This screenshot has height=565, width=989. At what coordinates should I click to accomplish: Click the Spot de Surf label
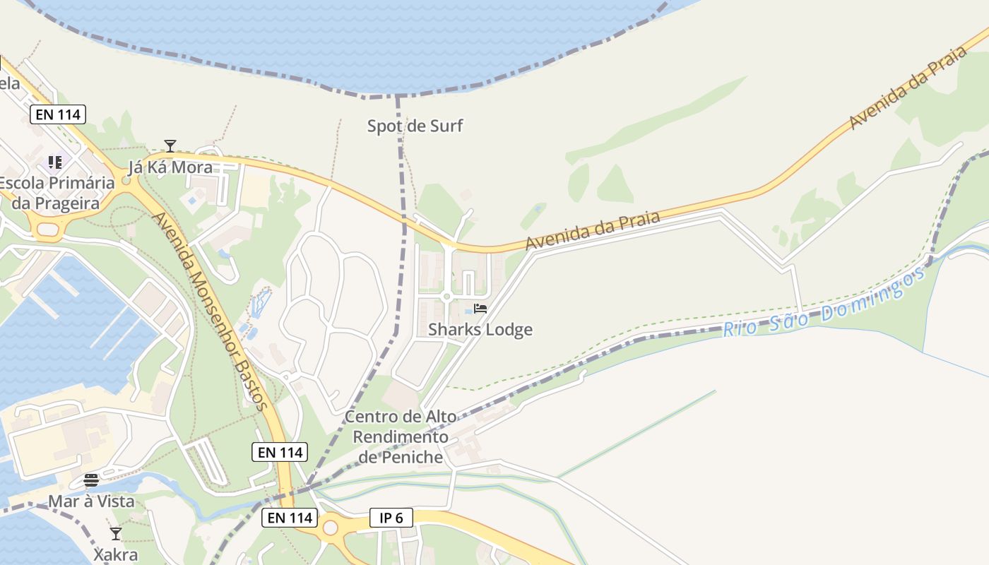coord(415,126)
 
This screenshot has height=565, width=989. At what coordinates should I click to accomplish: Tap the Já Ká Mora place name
coord(170,167)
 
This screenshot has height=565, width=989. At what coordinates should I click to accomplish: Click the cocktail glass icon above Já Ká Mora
coord(170,146)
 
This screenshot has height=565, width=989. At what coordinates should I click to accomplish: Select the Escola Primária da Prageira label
coord(57,193)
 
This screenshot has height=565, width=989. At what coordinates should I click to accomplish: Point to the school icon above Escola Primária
coord(55,162)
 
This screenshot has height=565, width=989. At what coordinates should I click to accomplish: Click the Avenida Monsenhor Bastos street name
coord(211,311)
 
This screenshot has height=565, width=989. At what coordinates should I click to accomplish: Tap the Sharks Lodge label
coord(480,330)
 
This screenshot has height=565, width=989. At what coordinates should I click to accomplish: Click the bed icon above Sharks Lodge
coord(480,309)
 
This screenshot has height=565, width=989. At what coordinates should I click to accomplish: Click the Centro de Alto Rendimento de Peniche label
coord(401,436)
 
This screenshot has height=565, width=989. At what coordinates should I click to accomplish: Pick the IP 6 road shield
coord(391,518)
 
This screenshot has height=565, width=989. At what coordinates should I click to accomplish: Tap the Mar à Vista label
coord(91,502)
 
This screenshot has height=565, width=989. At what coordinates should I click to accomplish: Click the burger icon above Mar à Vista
coord(91,481)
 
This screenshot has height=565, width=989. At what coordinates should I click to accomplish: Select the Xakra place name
coord(116,554)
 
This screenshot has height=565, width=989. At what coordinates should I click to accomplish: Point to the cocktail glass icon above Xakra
coord(116,534)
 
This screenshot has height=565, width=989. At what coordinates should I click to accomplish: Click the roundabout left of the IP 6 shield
coord(330,528)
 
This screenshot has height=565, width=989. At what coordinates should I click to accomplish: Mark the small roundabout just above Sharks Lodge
coord(446,297)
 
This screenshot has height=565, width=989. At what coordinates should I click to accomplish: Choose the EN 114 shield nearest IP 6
coord(290,518)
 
